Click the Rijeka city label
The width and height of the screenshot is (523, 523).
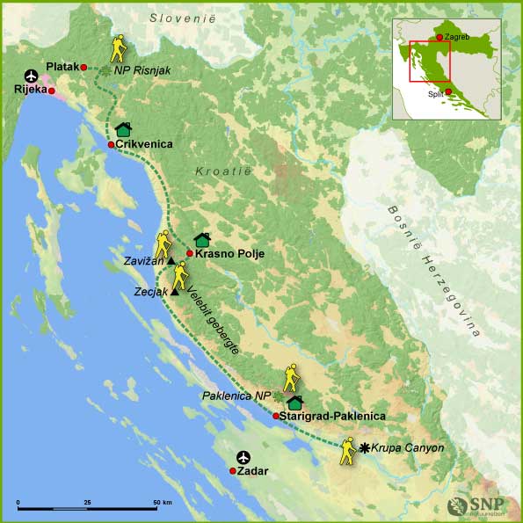(x=27, y=90)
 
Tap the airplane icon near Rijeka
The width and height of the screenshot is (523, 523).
(x=33, y=74)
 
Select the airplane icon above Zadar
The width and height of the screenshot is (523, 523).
(x=243, y=457)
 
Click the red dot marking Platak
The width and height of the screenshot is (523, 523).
(x=84, y=67)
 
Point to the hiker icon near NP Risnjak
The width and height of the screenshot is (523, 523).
(x=118, y=48)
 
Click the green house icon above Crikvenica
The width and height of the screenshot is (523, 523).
(x=123, y=129)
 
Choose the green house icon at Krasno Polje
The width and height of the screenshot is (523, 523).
(x=202, y=239)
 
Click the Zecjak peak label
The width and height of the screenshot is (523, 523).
(x=152, y=291)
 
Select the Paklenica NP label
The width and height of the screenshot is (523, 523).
(x=236, y=396)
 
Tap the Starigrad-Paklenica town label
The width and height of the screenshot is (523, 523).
(x=333, y=416)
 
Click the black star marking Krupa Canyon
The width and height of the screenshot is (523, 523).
(x=365, y=447)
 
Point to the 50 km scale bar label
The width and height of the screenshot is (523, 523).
(x=163, y=502)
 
